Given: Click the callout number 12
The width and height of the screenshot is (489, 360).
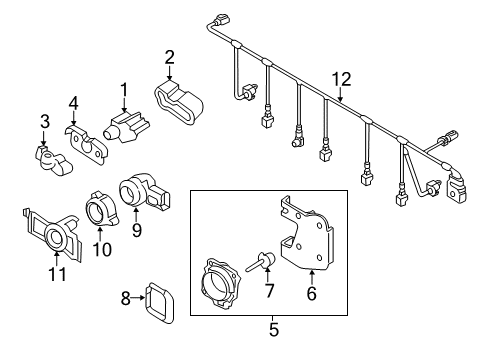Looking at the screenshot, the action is pyautogui.click(x=341, y=80).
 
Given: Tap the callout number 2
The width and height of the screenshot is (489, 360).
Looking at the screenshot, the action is pyautogui.click(x=169, y=57).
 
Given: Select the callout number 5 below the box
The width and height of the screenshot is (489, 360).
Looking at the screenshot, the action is pyautogui.click(x=273, y=329).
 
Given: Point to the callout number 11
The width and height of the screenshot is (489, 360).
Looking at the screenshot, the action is pyautogui.click(x=57, y=274).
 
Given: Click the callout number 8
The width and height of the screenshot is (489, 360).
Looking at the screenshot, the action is pyautogui.click(x=125, y=298).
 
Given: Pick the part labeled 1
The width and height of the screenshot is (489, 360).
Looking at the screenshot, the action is pyautogui.click(x=127, y=128).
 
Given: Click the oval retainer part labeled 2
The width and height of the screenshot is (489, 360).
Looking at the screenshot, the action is pyautogui.click(x=179, y=102).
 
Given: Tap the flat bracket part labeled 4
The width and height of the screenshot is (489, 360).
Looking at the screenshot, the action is pyautogui.click(x=86, y=144).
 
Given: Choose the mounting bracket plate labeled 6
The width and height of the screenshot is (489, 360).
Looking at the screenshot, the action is pyautogui.click(x=306, y=235).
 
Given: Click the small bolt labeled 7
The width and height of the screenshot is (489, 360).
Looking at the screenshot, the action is pyautogui.click(x=262, y=262).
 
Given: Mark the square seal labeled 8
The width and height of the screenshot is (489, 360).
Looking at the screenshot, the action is pyautogui.click(x=159, y=304).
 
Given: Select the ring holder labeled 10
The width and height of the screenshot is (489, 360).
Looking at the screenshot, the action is pyautogui.click(x=101, y=209).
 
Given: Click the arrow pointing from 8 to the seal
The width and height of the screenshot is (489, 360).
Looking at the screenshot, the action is pyautogui.click(x=138, y=298).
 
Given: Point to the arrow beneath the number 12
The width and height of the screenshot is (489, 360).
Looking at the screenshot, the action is pyautogui.click(x=340, y=94).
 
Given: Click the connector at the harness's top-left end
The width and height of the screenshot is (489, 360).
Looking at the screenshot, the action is pyautogui.click(x=221, y=19).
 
